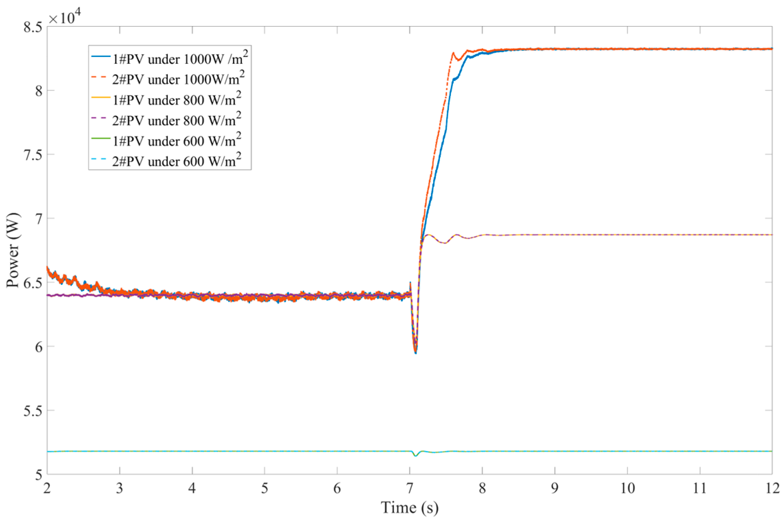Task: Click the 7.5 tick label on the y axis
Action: [32, 154]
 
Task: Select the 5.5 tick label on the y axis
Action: [32, 410]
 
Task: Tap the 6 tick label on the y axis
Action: [37, 347]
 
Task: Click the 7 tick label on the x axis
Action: [410, 488]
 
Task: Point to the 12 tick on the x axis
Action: [771, 488]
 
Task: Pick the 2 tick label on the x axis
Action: [47, 488]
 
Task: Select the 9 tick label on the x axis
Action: [555, 488]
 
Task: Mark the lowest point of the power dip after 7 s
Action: [416, 353]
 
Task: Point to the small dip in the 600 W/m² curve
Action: [416, 456]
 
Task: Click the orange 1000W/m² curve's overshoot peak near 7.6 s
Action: [453, 53]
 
